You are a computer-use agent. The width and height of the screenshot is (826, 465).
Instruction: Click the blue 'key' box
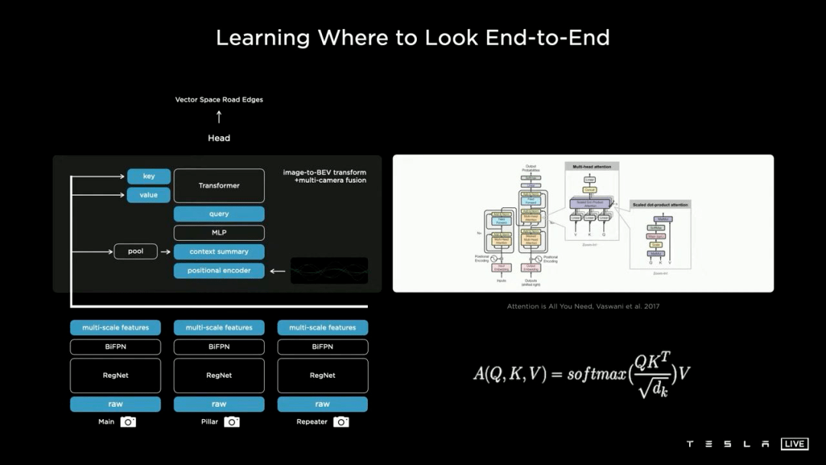(148, 177)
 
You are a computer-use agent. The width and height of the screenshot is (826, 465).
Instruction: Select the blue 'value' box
(148, 195)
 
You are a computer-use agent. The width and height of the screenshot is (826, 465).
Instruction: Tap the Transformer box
(219, 186)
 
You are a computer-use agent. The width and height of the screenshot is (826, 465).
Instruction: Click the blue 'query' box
(219, 214)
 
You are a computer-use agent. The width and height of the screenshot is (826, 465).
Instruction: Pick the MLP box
(219, 232)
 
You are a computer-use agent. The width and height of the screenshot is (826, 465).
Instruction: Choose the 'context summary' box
(219, 252)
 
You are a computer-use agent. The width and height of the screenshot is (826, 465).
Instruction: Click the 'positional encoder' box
(219, 271)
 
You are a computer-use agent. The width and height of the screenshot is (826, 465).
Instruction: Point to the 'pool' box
(135, 251)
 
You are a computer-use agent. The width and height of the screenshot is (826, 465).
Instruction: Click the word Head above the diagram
(219, 138)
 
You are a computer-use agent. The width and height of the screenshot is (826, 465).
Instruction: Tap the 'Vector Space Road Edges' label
(219, 99)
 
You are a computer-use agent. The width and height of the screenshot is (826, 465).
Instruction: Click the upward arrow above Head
(219, 117)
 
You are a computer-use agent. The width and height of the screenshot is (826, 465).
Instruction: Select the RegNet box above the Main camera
(115, 376)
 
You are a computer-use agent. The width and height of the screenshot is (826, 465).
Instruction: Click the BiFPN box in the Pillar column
(219, 346)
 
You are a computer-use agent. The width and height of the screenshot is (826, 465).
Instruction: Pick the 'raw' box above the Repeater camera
(322, 404)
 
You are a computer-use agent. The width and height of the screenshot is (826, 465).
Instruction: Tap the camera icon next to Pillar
(232, 422)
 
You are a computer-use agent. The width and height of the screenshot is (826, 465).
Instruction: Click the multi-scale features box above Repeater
(322, 327)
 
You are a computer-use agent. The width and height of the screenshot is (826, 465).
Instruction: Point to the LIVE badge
(795, 444)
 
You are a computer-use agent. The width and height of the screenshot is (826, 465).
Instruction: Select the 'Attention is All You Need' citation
(583, 307)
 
